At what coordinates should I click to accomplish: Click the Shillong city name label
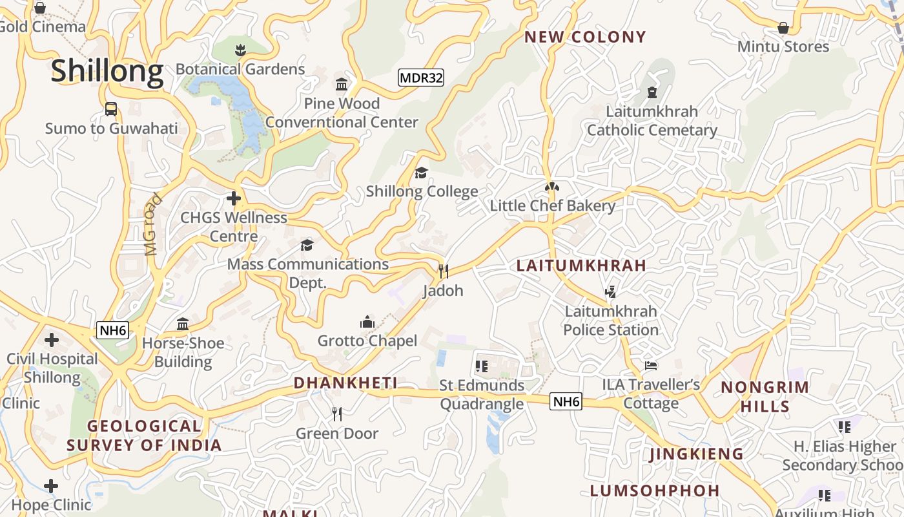(x=107, y=70)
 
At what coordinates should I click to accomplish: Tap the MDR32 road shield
(x=421, y=78)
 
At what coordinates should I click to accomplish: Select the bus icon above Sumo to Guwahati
(x=111, y=109)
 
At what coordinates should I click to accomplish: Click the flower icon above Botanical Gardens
(x=240, y=50)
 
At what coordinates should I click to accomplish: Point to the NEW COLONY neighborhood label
(x=585, y=37)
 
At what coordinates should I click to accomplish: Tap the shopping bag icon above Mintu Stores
(x=783, y=28)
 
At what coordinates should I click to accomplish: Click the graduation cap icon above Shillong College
(x=422, y=173)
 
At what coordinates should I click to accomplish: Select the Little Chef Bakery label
(x=552, y=206)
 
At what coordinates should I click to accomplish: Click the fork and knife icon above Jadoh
(x=443, y=271)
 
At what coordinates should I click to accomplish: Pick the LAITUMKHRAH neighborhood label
(x=581, y=266)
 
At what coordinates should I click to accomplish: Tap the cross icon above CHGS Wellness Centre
(x=234, y=198)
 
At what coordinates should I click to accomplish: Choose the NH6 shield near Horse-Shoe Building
(x=113, y=331)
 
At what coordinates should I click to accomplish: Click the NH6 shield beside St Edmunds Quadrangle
(x=566, y=402)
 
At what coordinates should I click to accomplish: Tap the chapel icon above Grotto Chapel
(x=367, y=322)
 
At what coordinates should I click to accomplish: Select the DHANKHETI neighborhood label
(x=345, y=383)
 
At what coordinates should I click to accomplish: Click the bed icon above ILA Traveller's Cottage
(x=651, y=366)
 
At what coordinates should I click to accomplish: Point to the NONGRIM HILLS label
(x=765, y=397)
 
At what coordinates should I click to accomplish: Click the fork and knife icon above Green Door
(x=336, y=414)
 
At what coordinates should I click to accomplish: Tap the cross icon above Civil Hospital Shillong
(x=52, y=340)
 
